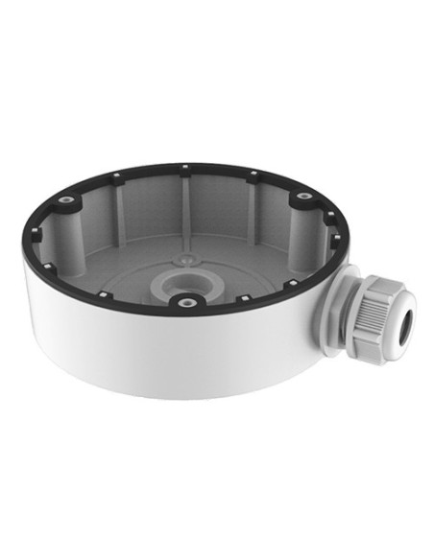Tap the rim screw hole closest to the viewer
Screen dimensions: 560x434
coord(182,303)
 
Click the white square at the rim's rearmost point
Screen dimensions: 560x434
coord(183,169)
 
